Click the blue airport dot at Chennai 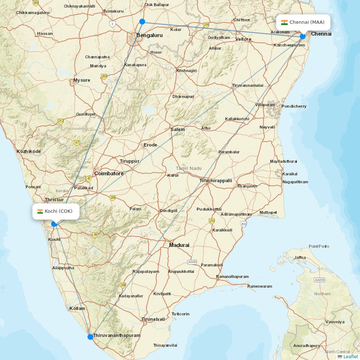303,36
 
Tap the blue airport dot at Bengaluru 142,22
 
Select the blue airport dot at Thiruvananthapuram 90,337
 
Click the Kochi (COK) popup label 56,211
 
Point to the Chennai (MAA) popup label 303,22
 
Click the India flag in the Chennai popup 284,22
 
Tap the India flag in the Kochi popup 40,211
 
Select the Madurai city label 179,245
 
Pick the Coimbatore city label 109,174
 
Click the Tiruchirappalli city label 216,181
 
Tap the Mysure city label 82,80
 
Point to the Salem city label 177,130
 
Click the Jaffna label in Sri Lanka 300,257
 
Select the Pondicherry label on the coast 294,106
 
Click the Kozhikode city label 28,151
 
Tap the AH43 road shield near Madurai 192,262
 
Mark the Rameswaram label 260,286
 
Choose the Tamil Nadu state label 189,168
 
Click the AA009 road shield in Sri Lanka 319,280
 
